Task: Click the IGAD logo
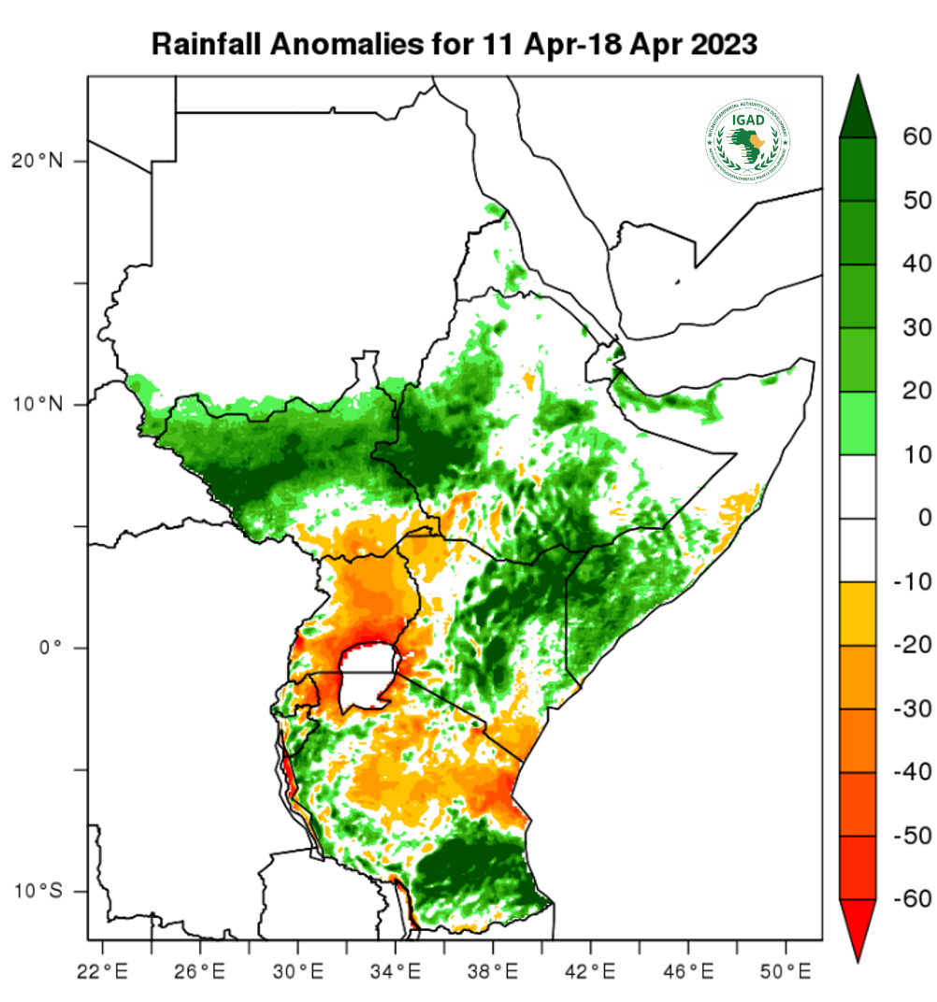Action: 748,140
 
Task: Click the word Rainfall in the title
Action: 204,44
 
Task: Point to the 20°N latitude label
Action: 37,161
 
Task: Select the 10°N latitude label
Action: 37,405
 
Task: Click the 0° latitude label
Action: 50,647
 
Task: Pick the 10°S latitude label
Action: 37,890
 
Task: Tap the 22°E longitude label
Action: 102,968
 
